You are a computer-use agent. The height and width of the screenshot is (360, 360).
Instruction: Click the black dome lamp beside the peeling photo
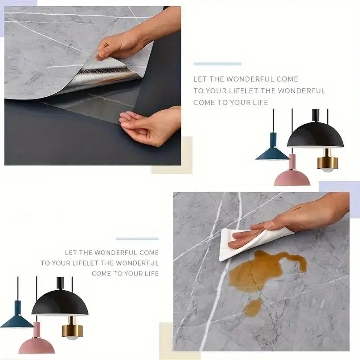point(315,136)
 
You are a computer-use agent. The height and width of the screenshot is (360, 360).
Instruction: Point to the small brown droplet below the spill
point(253,307)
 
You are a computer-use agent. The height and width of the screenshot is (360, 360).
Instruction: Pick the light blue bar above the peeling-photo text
point(217,64)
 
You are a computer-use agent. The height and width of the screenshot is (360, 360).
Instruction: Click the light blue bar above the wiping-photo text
point(137,238)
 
